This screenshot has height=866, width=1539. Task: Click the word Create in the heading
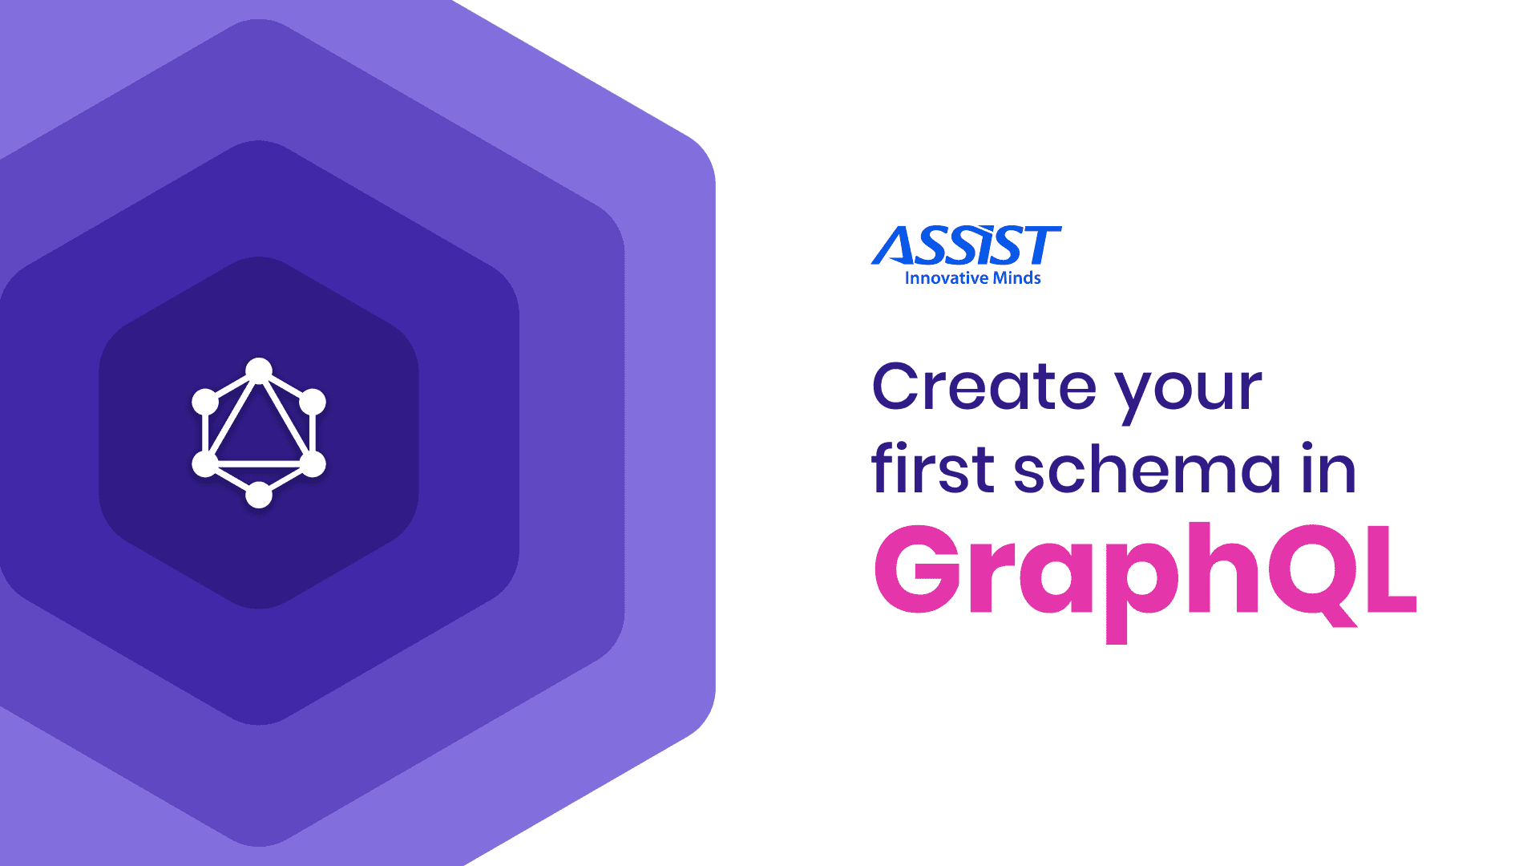pos(984,387)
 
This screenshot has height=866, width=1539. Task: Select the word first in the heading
pos(933,469)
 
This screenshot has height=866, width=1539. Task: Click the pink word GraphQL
pos(1145,571)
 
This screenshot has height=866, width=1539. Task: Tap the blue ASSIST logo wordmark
pos(967,245)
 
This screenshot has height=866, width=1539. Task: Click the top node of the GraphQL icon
pos(259,370)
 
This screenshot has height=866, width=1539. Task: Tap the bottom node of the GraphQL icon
pos(259,495)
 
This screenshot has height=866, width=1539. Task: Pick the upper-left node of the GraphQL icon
pos(205,402)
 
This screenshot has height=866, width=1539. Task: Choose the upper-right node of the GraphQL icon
pos(313,402)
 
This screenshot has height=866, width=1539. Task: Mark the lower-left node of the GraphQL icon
pos(205,463)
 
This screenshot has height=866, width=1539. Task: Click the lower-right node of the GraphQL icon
pos(313,463)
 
